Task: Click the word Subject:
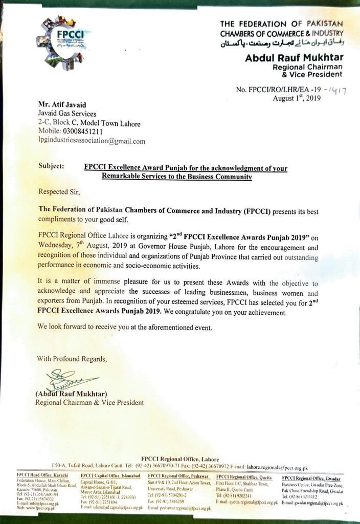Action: tap(51, 166)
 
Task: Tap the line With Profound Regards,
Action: tap(72, 359)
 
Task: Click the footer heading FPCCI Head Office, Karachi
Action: tap(44, 476)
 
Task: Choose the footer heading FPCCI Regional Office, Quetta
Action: tap(244, 476)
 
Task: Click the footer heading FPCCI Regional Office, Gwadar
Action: tap(312, 477)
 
